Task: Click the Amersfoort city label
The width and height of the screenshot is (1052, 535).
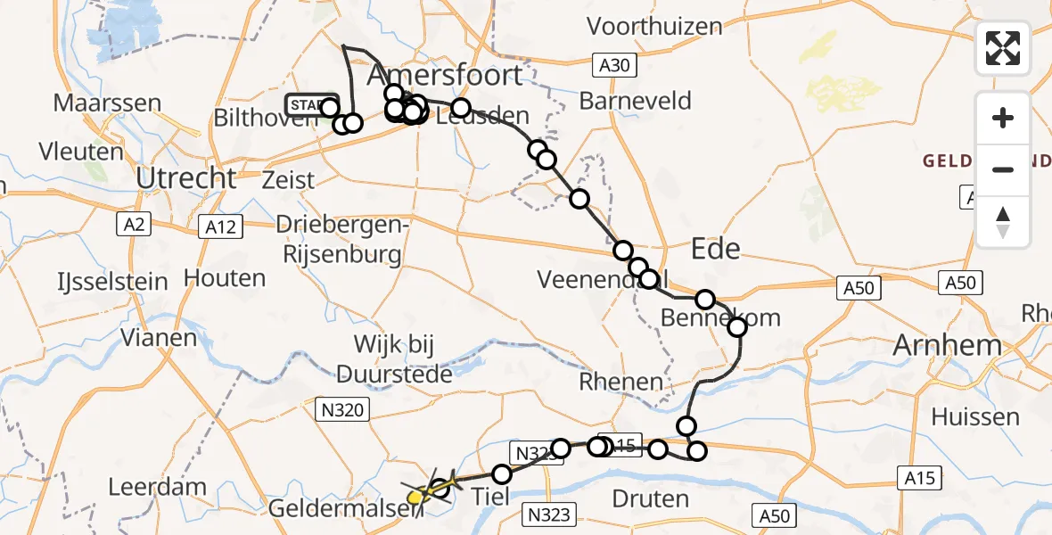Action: point(444,73)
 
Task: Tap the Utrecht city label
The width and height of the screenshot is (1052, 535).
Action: point(186,178)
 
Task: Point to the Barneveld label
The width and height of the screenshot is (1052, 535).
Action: point(635,101)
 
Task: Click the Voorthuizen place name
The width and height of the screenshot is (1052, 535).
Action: point(655,27)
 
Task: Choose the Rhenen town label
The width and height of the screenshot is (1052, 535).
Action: point(621,383)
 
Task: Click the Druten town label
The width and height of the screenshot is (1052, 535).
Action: point(652,498)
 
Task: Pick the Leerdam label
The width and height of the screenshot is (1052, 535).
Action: point(157,488)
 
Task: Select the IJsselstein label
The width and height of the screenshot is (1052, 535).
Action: point(100,282)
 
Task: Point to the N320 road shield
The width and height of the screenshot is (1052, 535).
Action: point(341,409)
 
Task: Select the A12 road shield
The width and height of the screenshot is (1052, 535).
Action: point(219,227)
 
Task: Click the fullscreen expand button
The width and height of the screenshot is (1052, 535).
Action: point(1003,48)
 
